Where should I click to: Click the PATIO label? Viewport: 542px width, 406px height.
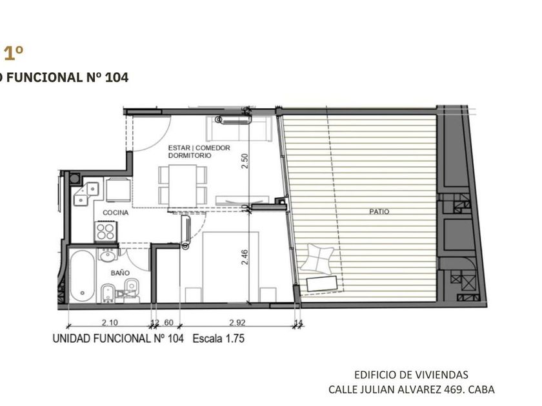click(379, 211)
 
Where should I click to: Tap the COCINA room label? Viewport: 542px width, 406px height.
click(115, 213)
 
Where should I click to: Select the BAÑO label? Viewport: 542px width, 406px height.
click(120, 273)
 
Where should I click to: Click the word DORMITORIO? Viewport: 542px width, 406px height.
click(190, 155)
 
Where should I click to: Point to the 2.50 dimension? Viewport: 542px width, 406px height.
click(245, 161)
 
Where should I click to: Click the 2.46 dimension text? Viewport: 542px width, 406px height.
click(245, 257)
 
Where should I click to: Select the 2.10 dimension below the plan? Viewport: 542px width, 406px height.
click(110, 322)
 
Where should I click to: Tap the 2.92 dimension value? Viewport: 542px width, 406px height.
click(237, 322)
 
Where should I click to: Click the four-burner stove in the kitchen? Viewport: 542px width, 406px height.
click(106, 231)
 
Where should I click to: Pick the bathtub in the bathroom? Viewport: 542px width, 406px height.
click(83, 276)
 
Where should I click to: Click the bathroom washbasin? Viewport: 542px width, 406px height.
click(108, 255)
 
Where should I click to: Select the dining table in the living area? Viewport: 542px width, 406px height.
click(183, 186)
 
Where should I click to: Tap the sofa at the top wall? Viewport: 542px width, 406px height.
click(239, 129)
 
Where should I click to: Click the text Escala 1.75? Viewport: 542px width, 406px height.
click(219, 338)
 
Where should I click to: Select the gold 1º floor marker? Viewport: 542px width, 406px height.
click(14, 53)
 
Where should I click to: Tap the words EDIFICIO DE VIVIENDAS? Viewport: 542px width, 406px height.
click(412, 374)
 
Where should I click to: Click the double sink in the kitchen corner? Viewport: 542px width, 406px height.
click(86, 194)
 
